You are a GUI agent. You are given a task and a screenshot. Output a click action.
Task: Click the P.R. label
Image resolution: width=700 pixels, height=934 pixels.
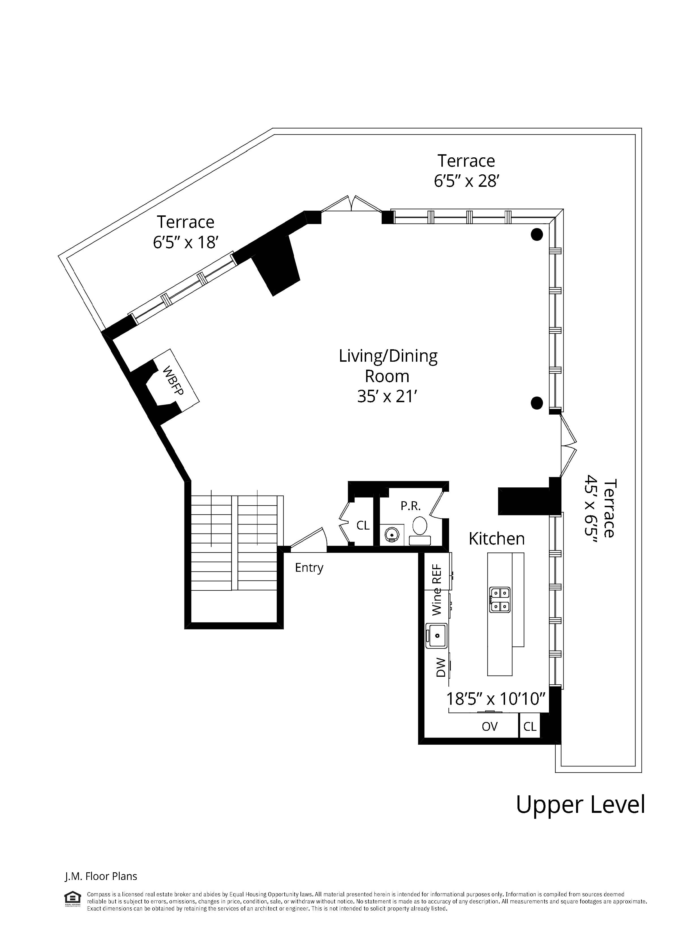(410, 506)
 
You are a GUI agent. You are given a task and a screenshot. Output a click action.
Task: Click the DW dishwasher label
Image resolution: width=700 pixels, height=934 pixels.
(440, 667)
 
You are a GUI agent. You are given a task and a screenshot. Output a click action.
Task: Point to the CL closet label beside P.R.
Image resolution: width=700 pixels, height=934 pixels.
(363, 525)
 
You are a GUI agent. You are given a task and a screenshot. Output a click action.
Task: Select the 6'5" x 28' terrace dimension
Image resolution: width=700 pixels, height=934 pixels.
(467, 181)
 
